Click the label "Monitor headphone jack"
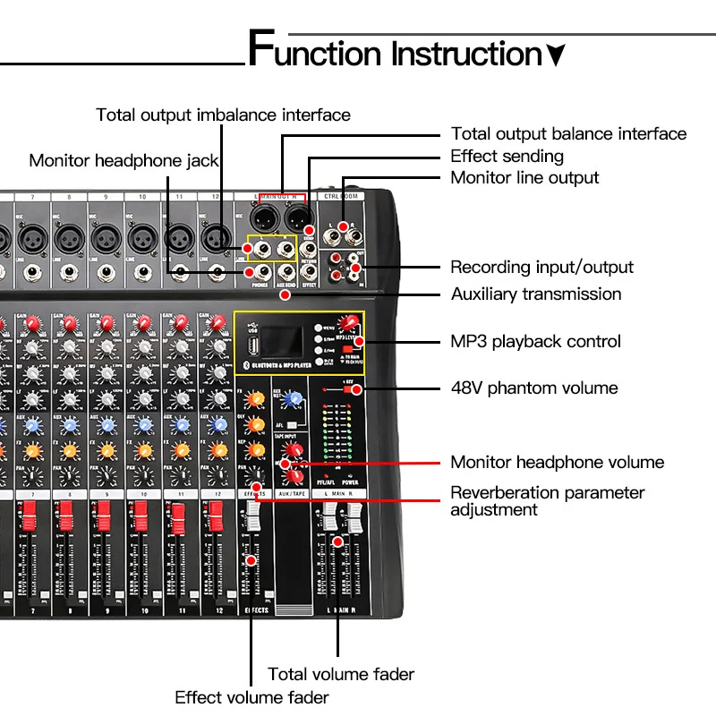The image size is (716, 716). coord(124,160)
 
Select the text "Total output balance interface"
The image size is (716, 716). coord(568,134)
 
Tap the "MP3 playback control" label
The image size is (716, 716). coord(535,341)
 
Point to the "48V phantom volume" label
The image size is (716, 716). coord(534,388)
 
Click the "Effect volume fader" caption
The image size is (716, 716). coord(251,696)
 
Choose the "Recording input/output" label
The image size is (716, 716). coord(541,267)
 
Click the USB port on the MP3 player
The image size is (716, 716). coord(254,344)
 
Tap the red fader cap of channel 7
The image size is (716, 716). coord(29,516)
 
